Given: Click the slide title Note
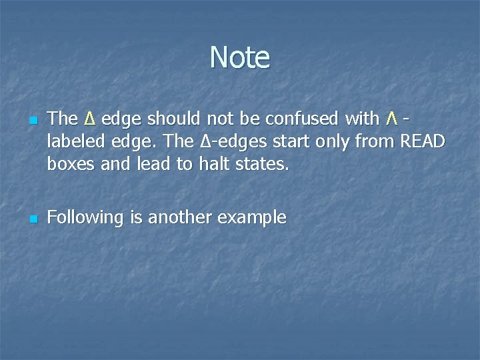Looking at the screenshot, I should pos(240,57).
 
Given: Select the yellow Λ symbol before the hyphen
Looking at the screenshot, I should pos(392,119).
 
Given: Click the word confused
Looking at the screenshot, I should pos(303,119).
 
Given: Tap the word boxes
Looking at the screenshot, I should pos(71,164).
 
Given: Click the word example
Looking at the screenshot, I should pos(253,218).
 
